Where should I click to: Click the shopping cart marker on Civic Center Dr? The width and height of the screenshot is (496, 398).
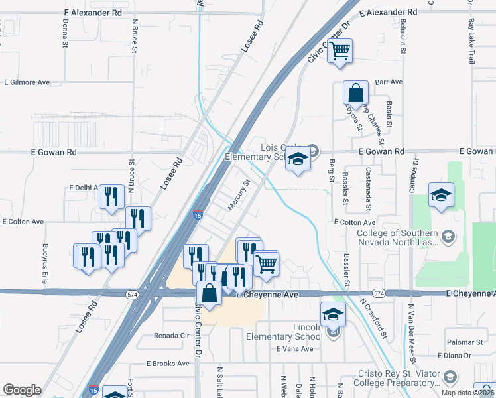340,50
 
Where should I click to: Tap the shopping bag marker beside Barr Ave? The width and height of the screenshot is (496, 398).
355,94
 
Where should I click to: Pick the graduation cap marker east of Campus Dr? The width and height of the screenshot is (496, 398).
441,195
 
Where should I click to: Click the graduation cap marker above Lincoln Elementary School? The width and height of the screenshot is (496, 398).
333,314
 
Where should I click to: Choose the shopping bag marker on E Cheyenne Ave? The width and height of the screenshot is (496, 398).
209,294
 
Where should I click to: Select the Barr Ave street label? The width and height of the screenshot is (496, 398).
389,82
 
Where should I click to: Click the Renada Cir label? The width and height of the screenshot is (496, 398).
172,336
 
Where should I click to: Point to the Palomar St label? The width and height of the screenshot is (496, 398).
464,342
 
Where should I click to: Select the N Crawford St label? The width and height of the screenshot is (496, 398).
373,318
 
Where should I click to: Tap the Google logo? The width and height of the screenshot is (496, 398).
22,390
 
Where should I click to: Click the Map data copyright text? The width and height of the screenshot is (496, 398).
467,393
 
